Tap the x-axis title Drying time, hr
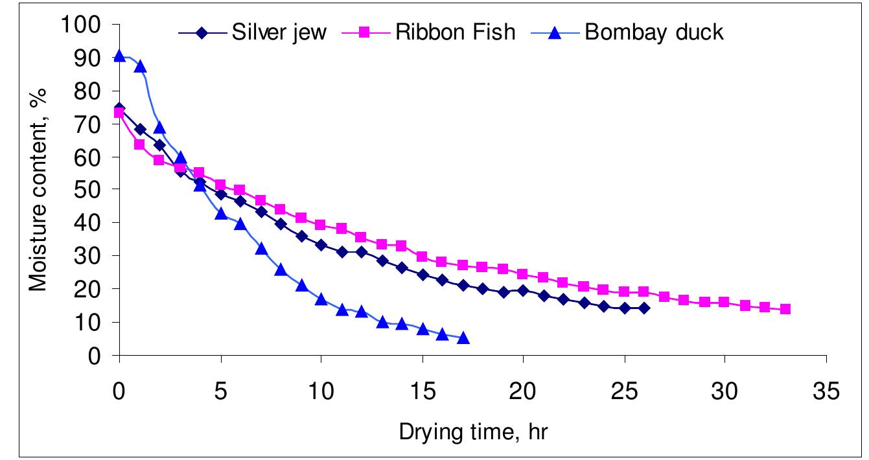(473, 431)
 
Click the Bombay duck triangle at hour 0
(119, 56)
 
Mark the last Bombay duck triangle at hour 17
(463, 338)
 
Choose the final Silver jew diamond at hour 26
(643, 308)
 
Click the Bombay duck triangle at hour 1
(139, 66)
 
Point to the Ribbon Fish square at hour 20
(523, 274)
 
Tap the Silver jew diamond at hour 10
(321, 245)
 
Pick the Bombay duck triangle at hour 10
(321, 299)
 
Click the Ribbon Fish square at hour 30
(724, 302)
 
